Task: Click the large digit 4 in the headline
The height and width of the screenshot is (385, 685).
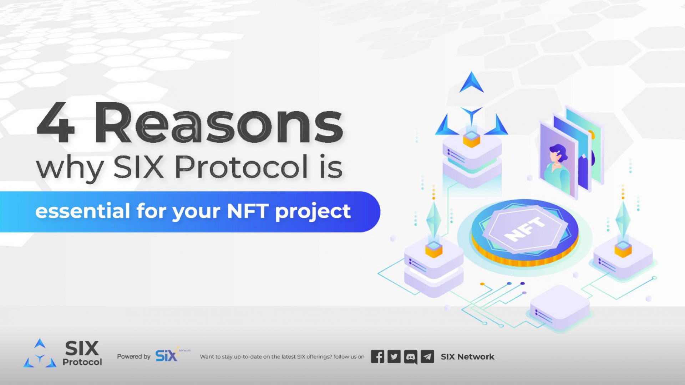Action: pyautogui.click(x=56, y=122)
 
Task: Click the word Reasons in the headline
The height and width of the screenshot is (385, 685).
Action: pyautogui.click(x=219, y=123)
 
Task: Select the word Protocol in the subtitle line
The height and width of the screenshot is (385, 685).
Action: pyautogui.click(x=242, y=166)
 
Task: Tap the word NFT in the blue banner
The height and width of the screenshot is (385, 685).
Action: pyautogui.click(x=248, y=211)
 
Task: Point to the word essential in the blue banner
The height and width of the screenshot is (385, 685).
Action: pyautogui.click(x=82, y=211)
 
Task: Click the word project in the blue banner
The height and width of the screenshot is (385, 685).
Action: pyautogui.click(x=313, y=212)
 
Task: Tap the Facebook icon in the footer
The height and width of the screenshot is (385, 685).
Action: pyautogui.click(x=377, y=356)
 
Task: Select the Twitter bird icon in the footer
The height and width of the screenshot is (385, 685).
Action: pyautogui.click(x=394, y=356)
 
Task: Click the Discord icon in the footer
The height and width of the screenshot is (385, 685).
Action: pyautogui.click(x=411, y=357)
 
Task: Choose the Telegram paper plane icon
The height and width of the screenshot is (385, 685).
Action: pyautogui.click(x=427, y=356)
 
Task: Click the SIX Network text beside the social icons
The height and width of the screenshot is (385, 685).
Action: pyautogui.click(x=467, y=356)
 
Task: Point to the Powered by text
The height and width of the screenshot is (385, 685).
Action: pyautogui.click(x=134, y=356)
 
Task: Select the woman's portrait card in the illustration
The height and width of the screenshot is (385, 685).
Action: pyautogui.click(x=558, y=160)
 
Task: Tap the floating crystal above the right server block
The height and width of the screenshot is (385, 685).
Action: pyautogui.click(x=623, y=218)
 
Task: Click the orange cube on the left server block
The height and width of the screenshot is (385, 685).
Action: pyautogui.click(x=434, y=248)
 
